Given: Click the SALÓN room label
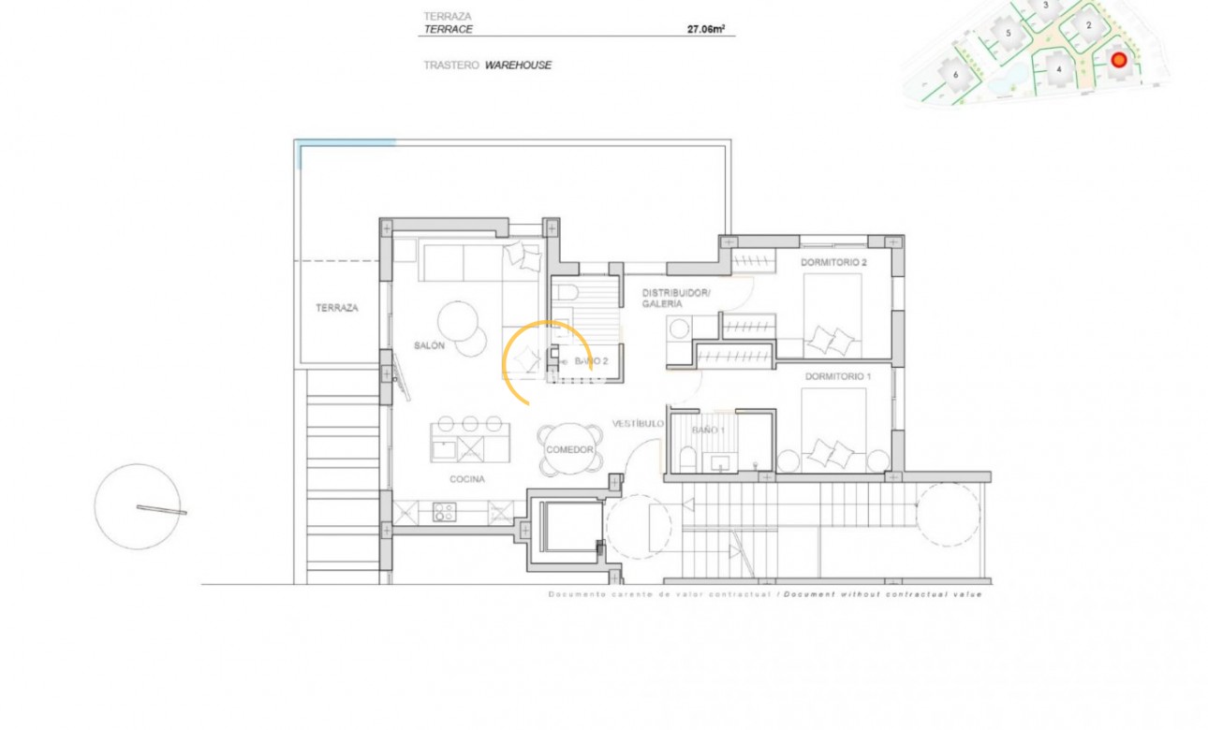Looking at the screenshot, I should pos(429,346).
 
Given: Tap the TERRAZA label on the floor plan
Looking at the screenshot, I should pos(336,308).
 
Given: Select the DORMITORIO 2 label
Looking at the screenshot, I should pos(833,263).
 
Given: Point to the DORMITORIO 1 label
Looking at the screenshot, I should pos(836,376).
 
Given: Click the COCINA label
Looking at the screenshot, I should pos(466,479).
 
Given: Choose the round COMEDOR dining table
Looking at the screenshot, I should pos(569,449).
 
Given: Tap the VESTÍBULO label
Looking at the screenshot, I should pos(638,424).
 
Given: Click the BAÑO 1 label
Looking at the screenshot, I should pos(708,430).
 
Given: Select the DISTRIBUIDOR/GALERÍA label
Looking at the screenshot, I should pos(676,299).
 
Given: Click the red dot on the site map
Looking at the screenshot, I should pos(1118,60).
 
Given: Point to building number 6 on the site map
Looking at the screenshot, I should pos(954,74).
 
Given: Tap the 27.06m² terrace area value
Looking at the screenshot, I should pos(706,29).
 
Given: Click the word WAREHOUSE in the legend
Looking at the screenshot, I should pos(518,66).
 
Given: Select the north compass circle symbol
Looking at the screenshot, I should pos(138,506).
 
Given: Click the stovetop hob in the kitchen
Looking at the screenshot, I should pos(444,512).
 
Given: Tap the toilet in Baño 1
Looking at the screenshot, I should pos(686,460).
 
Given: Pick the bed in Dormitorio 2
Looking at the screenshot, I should pos(832,315).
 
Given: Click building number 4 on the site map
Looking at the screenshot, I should pos(1058,68).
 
